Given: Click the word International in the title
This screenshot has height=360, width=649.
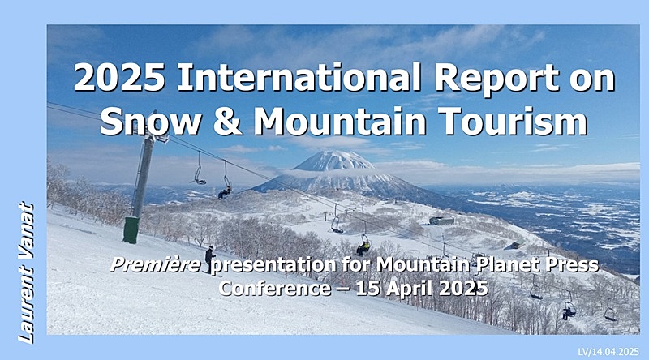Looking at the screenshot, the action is (x=299, y=78).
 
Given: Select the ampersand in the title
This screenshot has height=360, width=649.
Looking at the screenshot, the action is (x=228, y=121).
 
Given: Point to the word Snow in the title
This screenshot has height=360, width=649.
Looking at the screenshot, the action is (x=151, y=121).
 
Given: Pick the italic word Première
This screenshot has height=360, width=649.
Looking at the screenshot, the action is (x=156, y=265).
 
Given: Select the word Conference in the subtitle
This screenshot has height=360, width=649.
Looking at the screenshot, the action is (x=275, y=288).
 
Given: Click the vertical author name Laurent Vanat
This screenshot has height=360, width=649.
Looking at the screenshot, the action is (x=26, y=272).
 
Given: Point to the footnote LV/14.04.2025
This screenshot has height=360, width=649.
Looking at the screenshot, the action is (x=608, y=352).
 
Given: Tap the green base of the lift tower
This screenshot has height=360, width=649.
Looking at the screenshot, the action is (x=131, y=229).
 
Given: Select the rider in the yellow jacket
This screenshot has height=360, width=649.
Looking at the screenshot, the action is (x=363, y=247).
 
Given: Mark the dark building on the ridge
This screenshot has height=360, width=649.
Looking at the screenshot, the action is (x=441, y=221).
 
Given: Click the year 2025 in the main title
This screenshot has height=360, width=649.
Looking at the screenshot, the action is (x=119, y=78).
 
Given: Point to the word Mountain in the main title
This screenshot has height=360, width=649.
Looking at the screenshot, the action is (x=340, y=121).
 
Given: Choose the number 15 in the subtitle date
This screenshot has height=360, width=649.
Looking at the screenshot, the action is (x=368, y=289).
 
